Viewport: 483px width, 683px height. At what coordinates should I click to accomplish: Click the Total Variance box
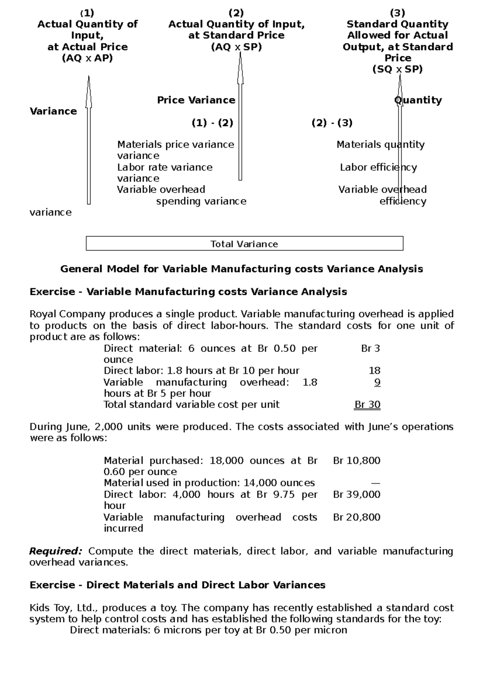(244, 244)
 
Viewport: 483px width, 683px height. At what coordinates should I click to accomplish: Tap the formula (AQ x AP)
(87, 58)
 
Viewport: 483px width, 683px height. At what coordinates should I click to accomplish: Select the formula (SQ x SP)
(397, 69)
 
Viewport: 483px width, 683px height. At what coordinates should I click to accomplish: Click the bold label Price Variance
(196, 100)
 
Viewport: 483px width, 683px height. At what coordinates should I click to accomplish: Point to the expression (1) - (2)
(213, 123)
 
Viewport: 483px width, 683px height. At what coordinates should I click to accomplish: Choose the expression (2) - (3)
(332, 123)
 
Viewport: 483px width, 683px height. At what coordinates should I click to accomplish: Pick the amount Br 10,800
(357, 461)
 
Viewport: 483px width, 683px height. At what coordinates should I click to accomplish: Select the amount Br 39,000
(357, 494)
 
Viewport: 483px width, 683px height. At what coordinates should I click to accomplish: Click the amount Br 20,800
(357, 517)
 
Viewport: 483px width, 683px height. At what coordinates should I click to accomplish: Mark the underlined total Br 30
(367, 405)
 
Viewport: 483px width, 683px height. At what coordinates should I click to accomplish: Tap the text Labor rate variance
(165, 167)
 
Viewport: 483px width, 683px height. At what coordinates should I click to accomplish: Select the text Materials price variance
(175, 144)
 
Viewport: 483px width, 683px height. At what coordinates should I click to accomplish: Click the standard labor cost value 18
(374, 370)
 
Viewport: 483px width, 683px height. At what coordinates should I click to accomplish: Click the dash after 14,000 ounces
(375, 483)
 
